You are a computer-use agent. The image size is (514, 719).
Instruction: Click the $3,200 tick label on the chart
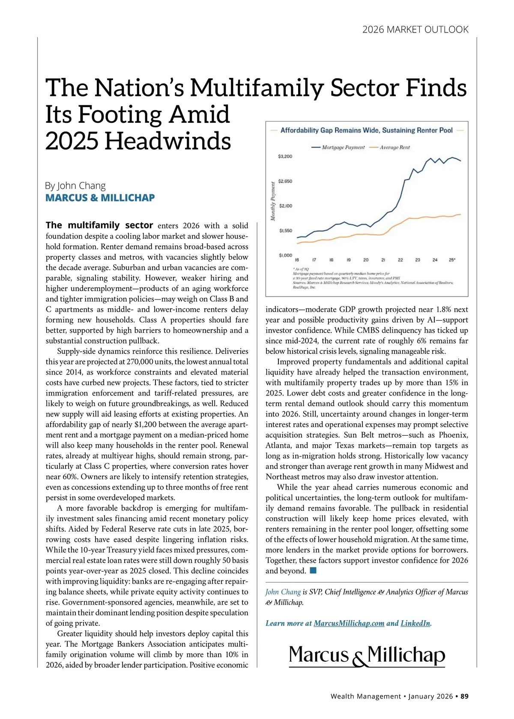click(285, 156)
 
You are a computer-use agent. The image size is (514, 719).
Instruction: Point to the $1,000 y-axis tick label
click(285, 256)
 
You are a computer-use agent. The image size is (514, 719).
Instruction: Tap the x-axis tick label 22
click(400, 260)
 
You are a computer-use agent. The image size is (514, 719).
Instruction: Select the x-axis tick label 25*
click(452, 260)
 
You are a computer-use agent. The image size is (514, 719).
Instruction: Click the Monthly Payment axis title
click(273, 201)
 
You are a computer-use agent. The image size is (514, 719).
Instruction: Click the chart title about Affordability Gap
click(366, 130)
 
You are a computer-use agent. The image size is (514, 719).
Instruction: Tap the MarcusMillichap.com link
click(349, 623)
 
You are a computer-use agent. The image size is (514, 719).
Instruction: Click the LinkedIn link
click(415, 623)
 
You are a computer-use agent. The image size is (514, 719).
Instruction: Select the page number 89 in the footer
click(464, 696)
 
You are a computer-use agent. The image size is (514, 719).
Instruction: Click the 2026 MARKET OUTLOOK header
click(415, 30)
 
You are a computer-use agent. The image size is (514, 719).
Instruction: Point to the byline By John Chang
click(75, 186)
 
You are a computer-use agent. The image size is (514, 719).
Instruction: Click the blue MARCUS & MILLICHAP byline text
click(100, 198)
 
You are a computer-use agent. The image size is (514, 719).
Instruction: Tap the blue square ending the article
click(313, 570)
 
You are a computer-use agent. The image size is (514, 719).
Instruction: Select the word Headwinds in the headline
click(167, 141)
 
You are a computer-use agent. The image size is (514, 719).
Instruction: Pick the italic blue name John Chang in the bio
click(283, 592)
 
